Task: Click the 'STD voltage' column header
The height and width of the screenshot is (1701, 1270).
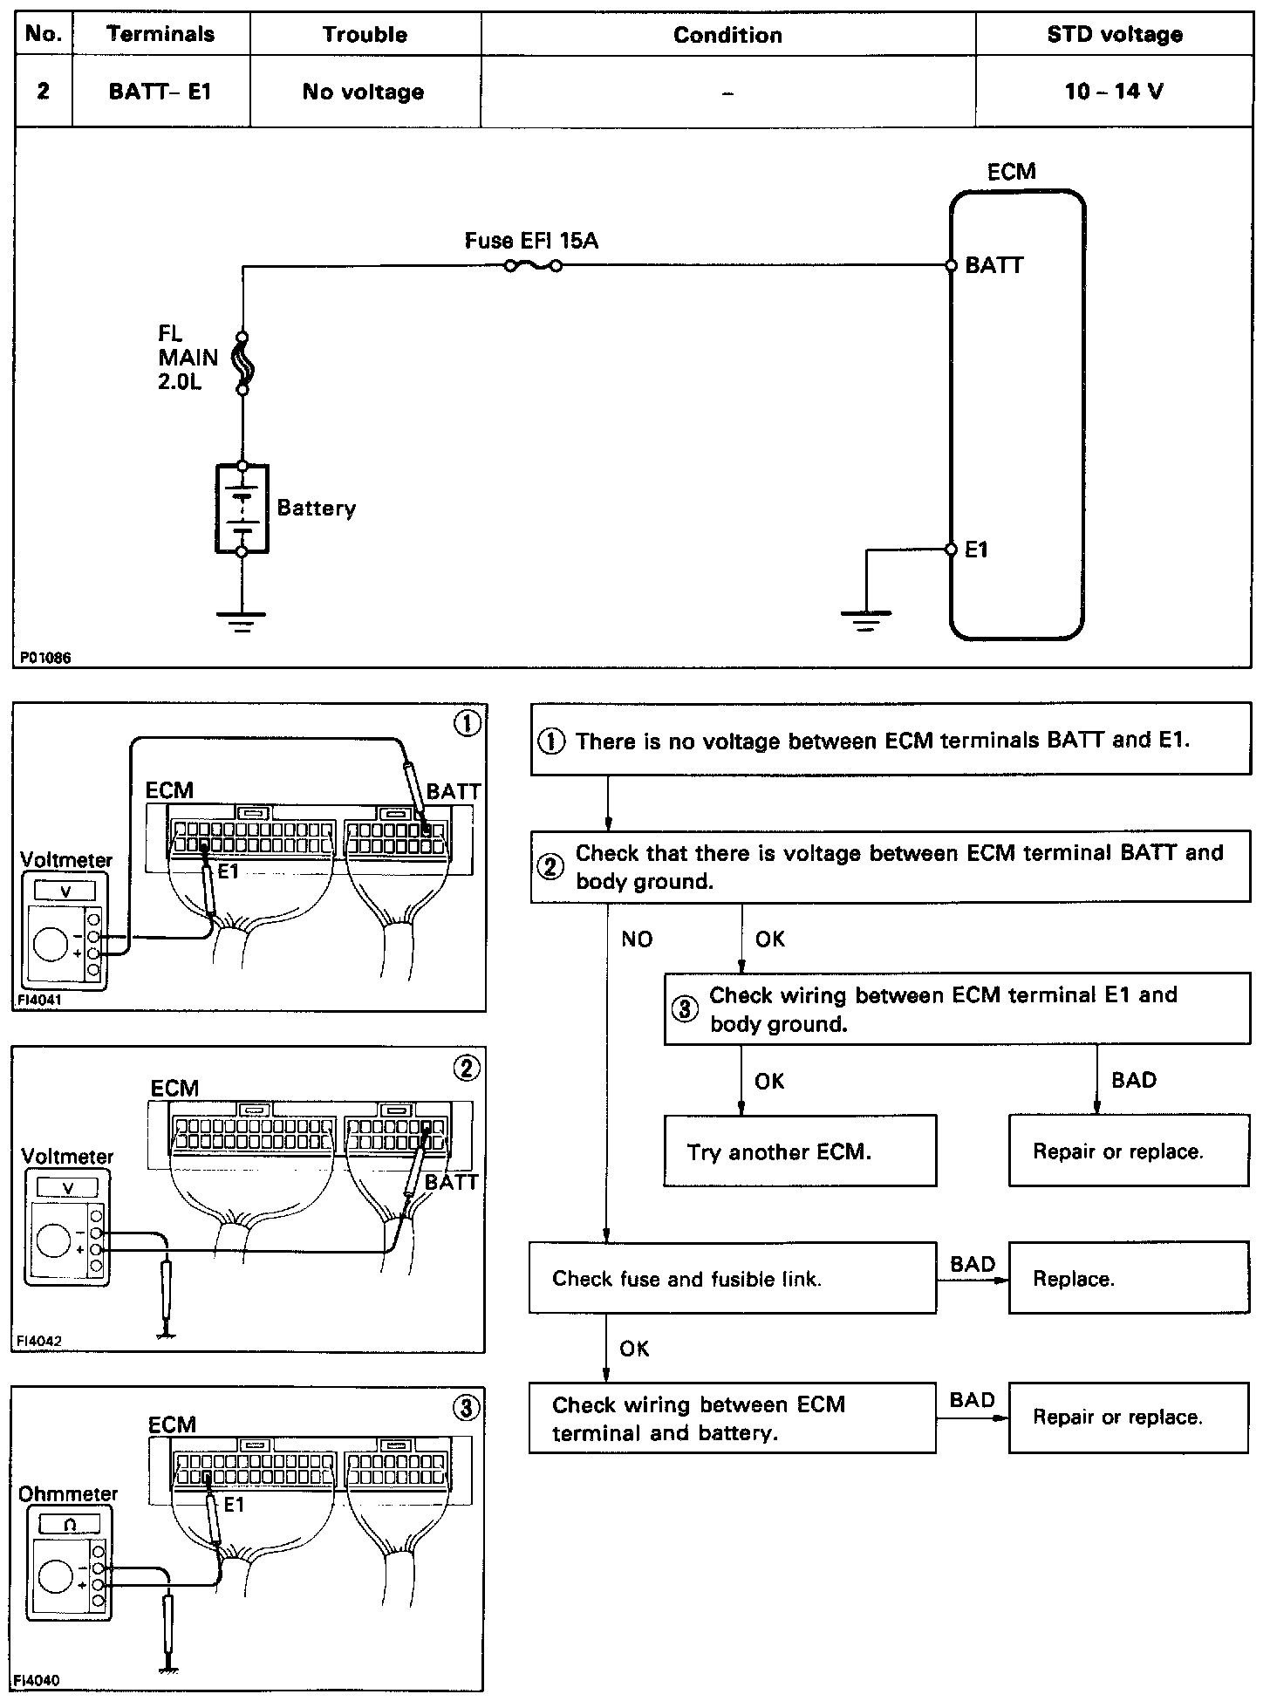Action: tap(1114, 35)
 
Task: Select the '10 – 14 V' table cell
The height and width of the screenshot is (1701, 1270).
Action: tap(1114, 92)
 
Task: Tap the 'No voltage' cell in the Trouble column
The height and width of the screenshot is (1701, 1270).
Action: tap(364, 92)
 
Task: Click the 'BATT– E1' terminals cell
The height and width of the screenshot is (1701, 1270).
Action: tap(160, 92)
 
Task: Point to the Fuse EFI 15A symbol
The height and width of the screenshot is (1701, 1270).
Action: tap(533, 265)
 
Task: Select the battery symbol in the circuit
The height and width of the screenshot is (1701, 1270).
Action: tap(242, 509)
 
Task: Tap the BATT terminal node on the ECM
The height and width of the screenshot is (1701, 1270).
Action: tap(952, 266)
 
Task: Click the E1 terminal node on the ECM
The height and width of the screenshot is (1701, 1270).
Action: tap(952, 550)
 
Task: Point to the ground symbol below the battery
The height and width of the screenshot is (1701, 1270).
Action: tap(242, 619)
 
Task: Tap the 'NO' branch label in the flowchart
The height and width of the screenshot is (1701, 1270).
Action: tap(637, 939)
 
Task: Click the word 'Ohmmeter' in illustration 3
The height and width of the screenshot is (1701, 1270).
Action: tap(68, 1493)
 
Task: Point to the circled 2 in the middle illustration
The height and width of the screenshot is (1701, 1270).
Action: tap(467, 1069)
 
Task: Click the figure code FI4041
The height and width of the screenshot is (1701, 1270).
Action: tap(39, 1001)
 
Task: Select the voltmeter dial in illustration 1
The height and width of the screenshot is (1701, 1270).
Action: tap(51, 945)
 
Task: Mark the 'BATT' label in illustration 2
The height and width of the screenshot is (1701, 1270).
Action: tap(452, 1182)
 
